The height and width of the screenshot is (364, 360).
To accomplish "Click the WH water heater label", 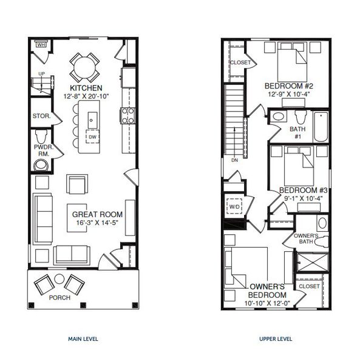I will pos(41,44).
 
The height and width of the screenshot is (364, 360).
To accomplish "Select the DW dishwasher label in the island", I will pos(92,136).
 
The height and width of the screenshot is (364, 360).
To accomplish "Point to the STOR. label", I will pos(41,115).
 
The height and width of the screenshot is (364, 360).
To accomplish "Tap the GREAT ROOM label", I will pos(97,214).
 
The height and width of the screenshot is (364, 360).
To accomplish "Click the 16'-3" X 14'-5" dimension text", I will pos(97,223).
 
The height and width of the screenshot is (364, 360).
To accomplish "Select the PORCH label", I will pos(59,298).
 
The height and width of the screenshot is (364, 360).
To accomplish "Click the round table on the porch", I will pos(59,279).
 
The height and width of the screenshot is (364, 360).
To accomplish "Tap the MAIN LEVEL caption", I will pos(83,339).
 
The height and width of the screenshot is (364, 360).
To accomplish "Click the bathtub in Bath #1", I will pos(320,126).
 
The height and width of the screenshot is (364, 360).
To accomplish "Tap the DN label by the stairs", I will pos(234,160).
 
